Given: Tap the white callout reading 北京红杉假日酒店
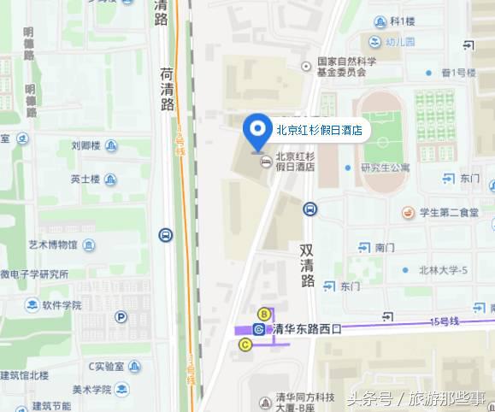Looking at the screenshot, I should pyautogui.click(x=319, y=131).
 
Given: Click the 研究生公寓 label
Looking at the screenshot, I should pyautogui.click(x=385, y=168).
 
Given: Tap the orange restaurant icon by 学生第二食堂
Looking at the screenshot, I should pyautogui.click(x=410, y=211).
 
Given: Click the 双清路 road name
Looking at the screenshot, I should pyautogui.click(x=308, y=266).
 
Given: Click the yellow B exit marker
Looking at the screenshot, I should pyautogui.click(x=264, y=314).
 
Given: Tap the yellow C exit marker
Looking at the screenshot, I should pyautogui.click(x=245, y=344).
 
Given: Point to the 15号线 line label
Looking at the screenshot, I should pyautogui.click(x=445, y=321).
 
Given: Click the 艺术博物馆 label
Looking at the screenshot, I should pyautogui.click(x=52, y=244).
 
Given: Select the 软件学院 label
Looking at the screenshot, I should pyautogui.click(x=62, y=305).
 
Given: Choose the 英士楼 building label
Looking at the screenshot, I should pyautogui.click(x=85, y=179).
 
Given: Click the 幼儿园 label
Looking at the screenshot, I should pyautogui.click(x=399, y=41).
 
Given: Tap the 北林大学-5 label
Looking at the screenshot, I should pyautogui.click(x=443, y=270).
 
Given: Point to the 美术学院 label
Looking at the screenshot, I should pyautogui.click(x=91, y=390).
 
